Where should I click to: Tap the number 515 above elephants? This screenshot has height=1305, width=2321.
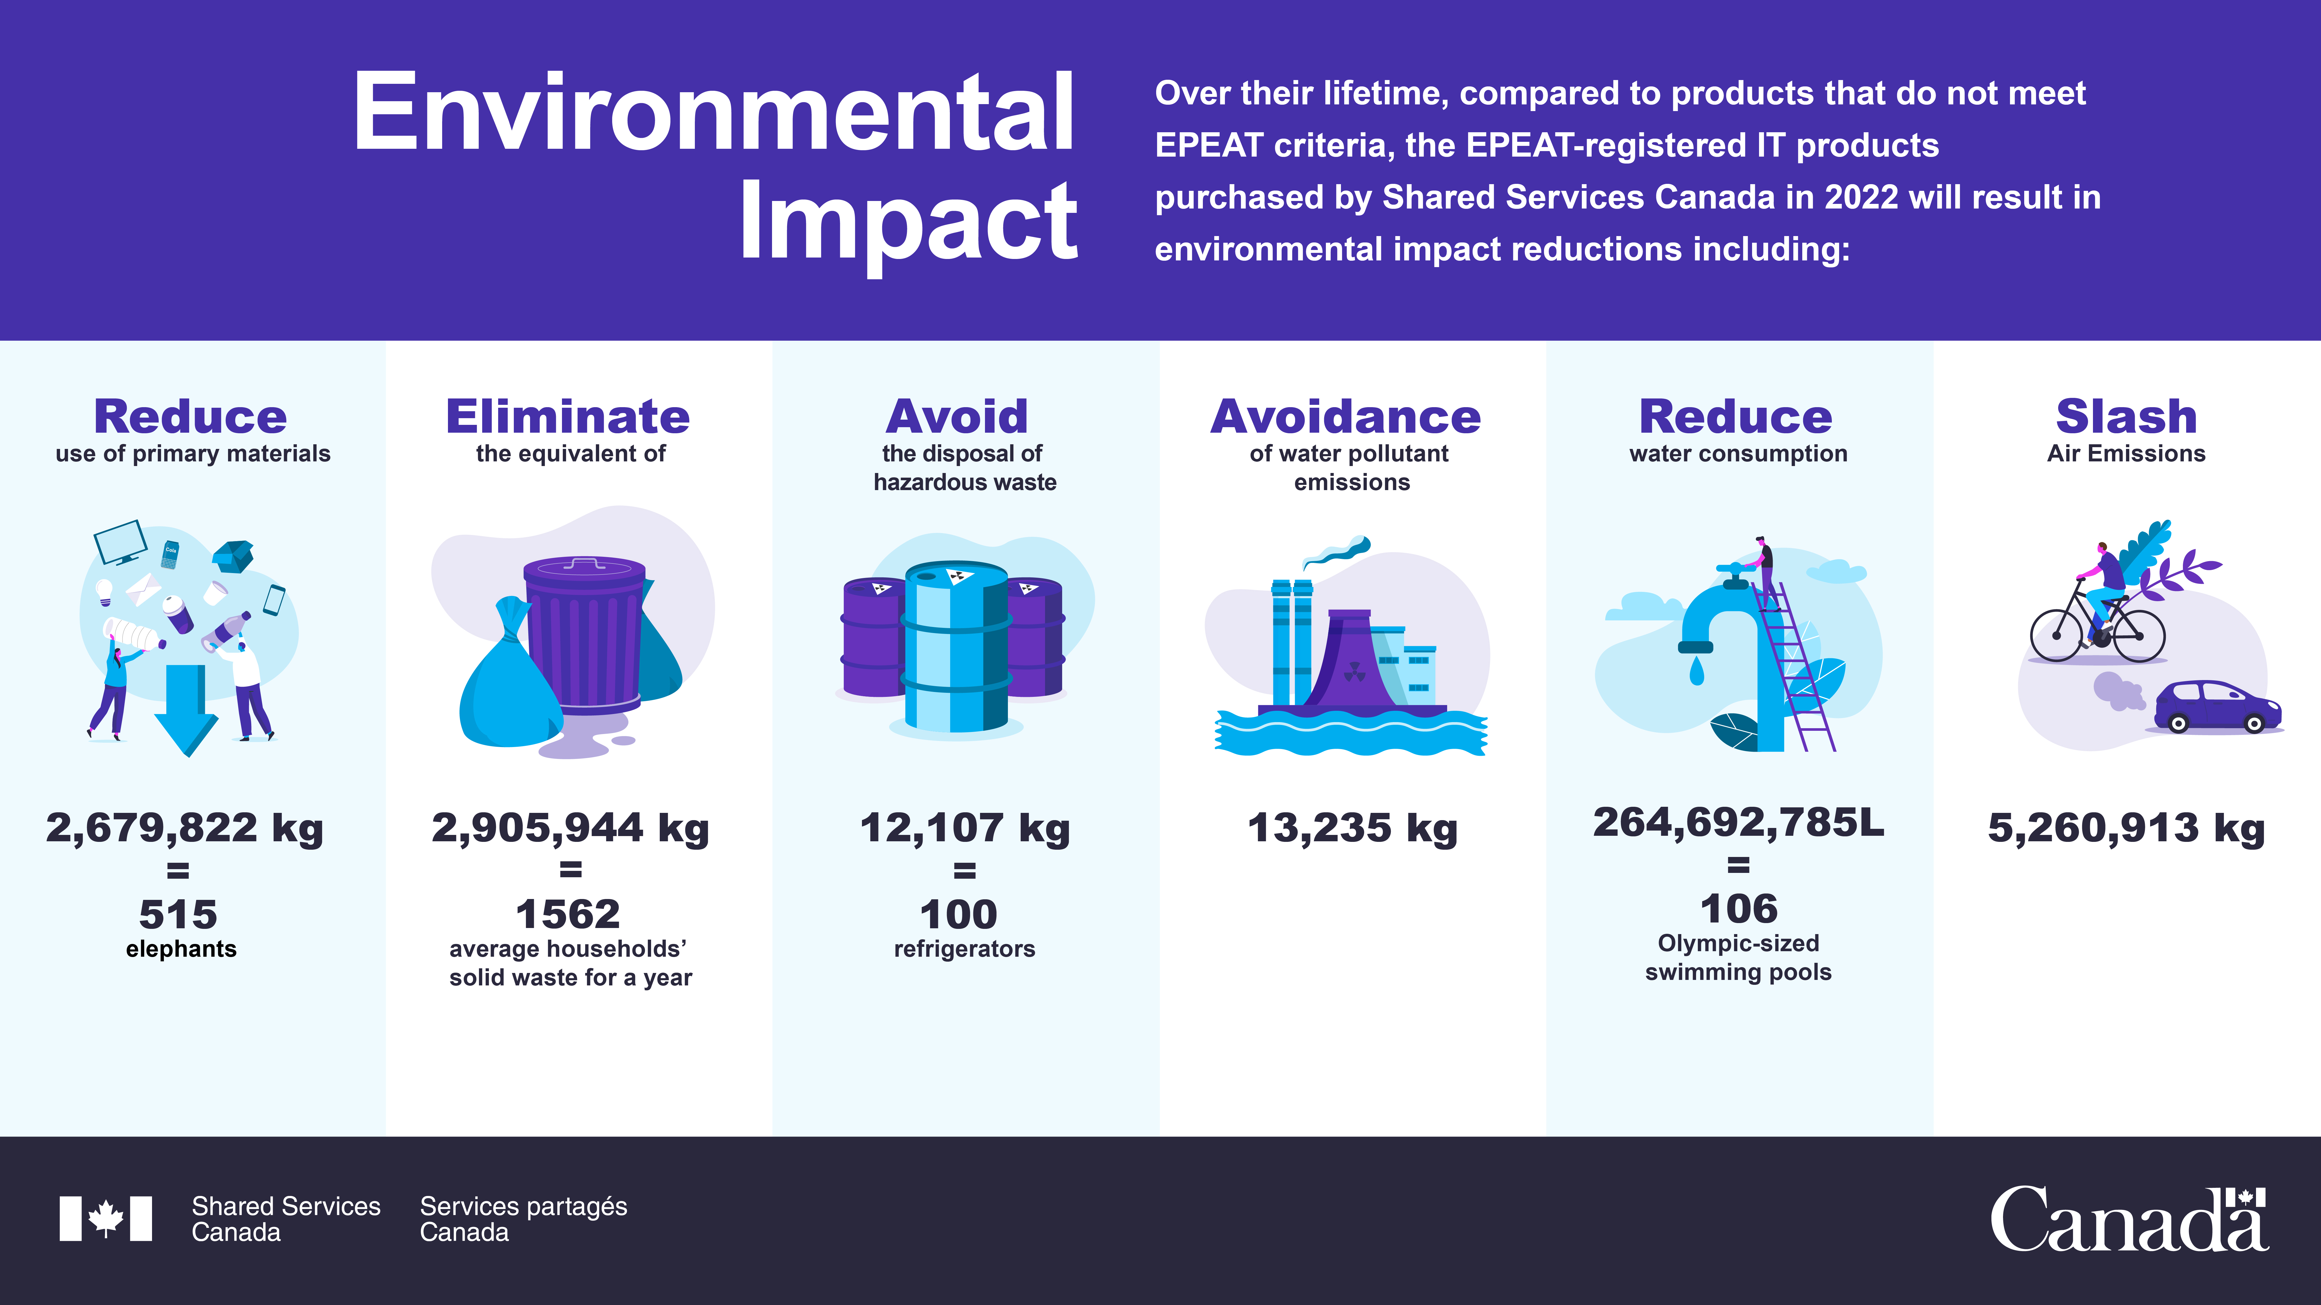tap(178, 914)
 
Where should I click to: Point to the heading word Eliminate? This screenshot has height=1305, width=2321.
tap(568, 417)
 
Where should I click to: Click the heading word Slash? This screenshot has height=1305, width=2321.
tap(2126, 417)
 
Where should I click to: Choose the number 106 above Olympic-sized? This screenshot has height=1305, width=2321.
tap(1739, 909)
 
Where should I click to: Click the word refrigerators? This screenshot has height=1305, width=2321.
tap(964, 949)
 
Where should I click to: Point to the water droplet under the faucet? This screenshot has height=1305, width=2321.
tap(1697, 671)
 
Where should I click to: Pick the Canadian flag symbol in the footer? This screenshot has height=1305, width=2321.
tap(105, 1219)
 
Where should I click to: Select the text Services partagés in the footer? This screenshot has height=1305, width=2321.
tap(523, 1207)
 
